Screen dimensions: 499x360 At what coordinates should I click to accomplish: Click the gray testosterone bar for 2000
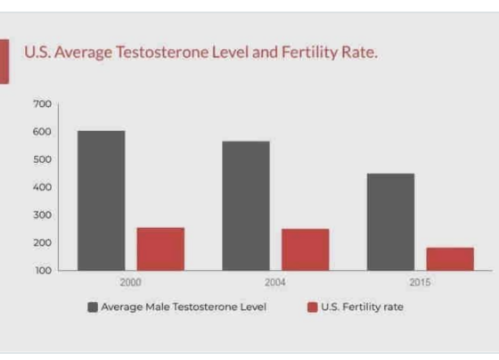[x=102, y=200]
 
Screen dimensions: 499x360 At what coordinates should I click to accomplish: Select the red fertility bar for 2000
[x=160, y=249]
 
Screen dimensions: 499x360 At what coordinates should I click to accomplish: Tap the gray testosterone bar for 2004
[x=246, y=206]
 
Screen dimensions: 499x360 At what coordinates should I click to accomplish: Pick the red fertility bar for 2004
[x=305, y=250]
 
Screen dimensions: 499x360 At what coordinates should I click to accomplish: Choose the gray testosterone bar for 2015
[x=391, y=222]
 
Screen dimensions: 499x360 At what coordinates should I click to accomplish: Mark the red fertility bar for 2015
[x=450, y=258]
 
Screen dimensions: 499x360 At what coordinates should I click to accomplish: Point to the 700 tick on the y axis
[x=42, y=103]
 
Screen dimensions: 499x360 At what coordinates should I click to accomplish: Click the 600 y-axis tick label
[x=42, y=132]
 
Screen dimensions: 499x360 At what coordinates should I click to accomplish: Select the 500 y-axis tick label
[x=42, y=160]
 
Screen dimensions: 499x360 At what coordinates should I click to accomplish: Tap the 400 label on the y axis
[x=42, y=187]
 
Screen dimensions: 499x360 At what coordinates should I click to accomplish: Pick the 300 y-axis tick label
[x=42, y=215]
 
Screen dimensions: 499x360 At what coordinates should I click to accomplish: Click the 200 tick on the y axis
[x=42, y=243]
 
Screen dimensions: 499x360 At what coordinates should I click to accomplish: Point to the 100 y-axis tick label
[x=43, y=271]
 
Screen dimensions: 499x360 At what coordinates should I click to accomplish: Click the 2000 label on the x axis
[x=130, y=282]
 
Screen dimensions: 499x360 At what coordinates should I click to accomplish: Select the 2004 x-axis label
[x=275, y=282]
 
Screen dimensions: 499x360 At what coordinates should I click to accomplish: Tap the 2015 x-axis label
[x=420, y=282]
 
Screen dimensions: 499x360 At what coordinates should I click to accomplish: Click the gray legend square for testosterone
[x=93, y=307]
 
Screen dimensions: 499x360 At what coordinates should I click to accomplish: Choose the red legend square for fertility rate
[x=313, y=307]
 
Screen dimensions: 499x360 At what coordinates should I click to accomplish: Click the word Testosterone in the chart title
[x=161, y=52]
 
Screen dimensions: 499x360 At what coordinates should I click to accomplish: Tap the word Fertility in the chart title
[x=309, y=53]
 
